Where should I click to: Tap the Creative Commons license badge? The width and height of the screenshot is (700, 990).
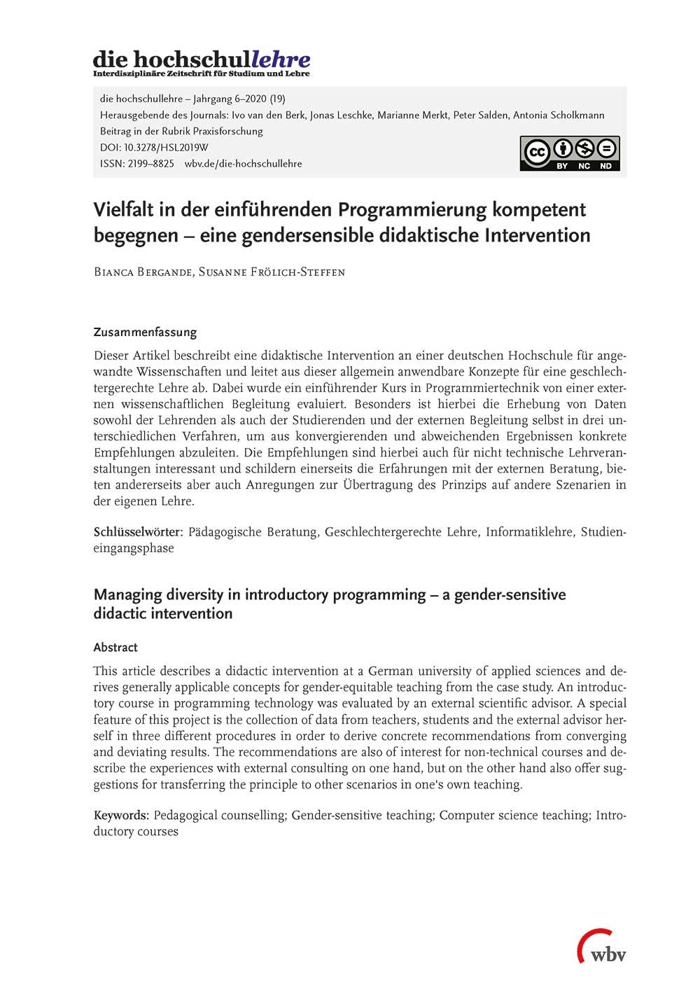(569, 153)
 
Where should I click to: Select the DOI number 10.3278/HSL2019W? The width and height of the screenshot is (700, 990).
(166, 148)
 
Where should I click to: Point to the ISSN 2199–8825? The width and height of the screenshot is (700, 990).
(137, 164)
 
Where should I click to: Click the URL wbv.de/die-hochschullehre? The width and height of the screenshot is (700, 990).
(244, 164)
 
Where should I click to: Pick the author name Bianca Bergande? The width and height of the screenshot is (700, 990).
(143, 272)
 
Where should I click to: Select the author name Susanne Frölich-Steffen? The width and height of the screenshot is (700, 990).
(272, 272)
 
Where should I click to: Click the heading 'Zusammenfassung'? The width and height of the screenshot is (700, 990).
(145, 333)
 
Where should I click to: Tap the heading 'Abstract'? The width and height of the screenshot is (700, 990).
(115, 648)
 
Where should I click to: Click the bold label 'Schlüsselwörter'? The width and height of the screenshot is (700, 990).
(137, 532)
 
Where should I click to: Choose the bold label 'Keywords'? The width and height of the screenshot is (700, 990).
(120, 816)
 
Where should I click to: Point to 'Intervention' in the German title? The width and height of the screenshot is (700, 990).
(537, 235)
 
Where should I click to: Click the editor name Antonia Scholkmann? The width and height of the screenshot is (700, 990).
(559, 116)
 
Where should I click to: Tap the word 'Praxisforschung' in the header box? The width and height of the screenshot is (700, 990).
(229, 132)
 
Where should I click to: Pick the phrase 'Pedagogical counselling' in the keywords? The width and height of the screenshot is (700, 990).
(219, 816)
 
